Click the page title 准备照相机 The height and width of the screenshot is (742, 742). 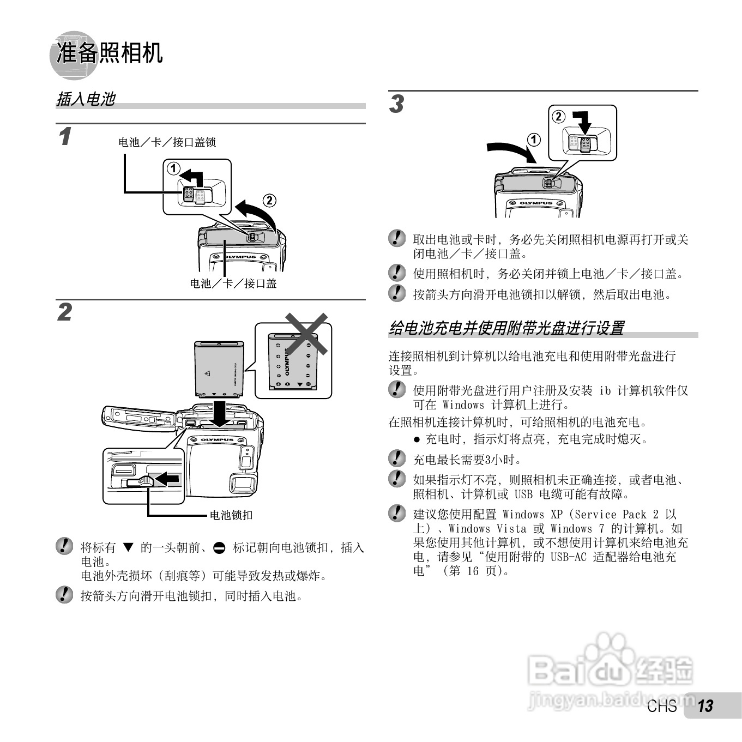pos(109,53)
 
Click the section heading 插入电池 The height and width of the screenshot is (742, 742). pos(86,99)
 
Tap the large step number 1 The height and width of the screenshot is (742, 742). pos(65,136)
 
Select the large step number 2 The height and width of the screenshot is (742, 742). pos(64,313)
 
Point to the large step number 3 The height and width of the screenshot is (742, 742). pos(396,104)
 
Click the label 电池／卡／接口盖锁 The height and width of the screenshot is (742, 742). pos(167,142)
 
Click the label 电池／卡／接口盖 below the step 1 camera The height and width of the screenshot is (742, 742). pos(233,283)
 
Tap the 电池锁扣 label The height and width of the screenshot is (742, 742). pos(231,515)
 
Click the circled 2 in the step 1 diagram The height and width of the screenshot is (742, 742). pos(269,201)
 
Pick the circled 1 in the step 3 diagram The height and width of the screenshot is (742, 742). pos(534,140)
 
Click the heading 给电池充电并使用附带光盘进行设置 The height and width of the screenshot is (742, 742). pos(506,328)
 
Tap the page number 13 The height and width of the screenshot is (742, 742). pos(705,706)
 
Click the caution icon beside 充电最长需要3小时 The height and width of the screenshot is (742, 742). pos(397,459)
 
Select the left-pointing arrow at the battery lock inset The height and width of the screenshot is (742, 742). pos(167,479)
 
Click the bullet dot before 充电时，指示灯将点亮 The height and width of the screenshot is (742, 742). pos(417,439)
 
